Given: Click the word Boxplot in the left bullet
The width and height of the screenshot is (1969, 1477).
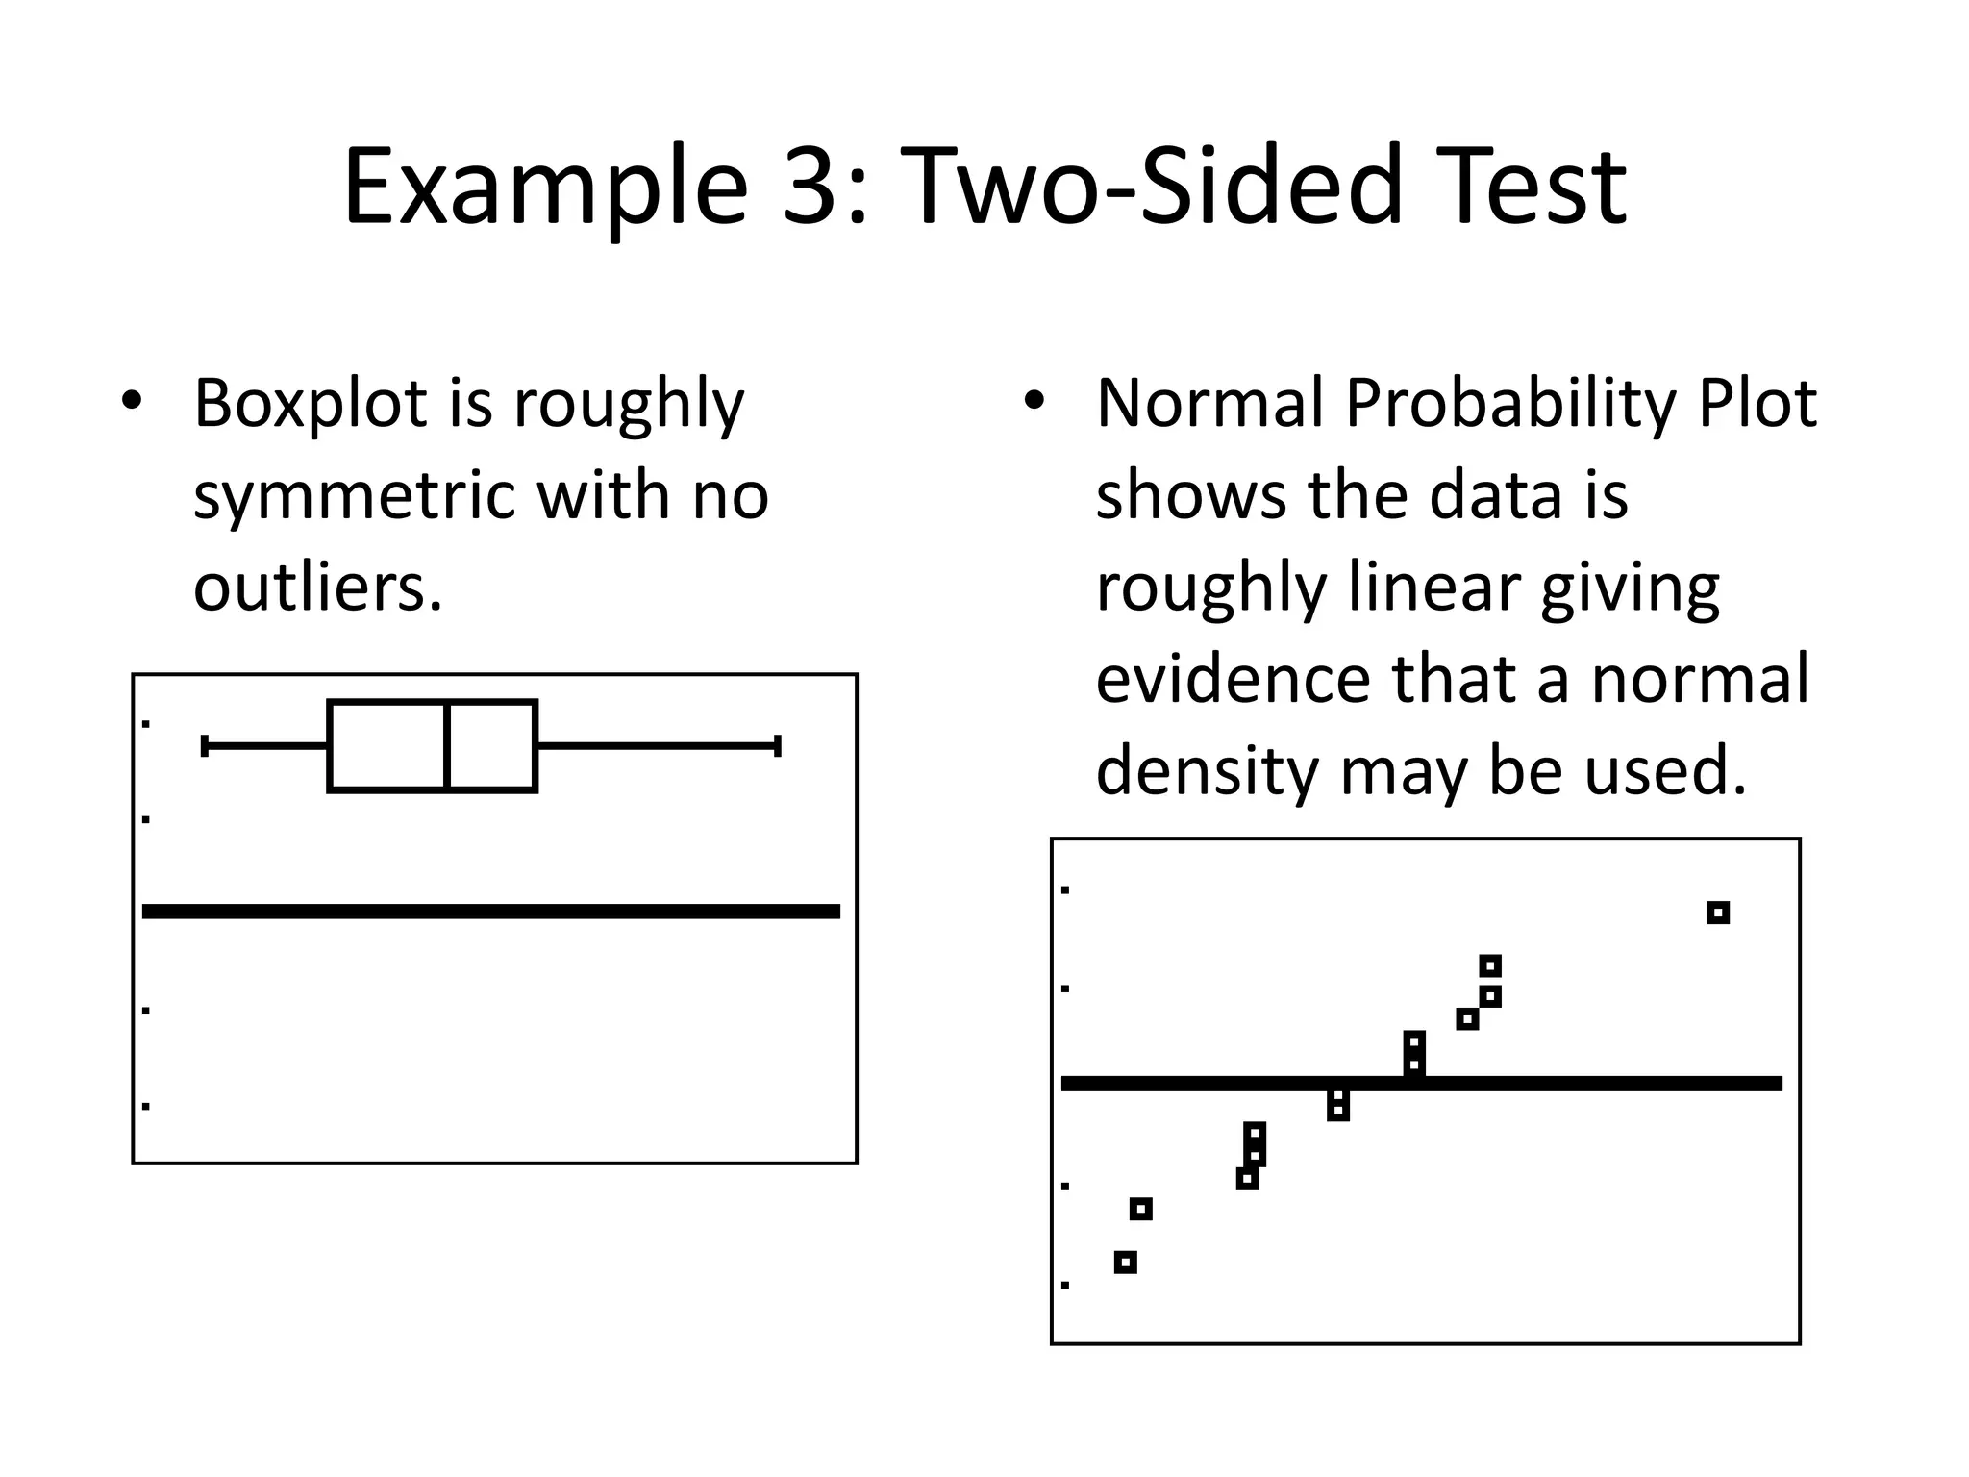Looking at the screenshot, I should pyautogui.click(x=311, y=403).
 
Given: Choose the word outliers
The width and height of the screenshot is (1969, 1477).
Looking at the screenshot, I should pyautogui.click(x=317, y=588).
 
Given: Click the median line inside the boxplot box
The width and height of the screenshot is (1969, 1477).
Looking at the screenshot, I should pyautogui.click(x=448, y=746).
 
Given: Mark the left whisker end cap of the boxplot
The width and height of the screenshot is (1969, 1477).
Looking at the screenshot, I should pyautogui.click(x=205, y=746).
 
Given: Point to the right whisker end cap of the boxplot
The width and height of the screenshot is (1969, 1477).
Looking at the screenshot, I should pyautogui.click(x=777, y=746).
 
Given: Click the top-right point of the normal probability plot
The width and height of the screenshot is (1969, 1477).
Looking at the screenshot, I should pyautogui.click(x=1718, y=913).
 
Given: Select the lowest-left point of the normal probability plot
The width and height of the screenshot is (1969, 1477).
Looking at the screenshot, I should pyautogui.click(x=1126, y=1263).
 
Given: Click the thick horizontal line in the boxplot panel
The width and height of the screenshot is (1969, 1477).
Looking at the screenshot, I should pyautogui.click(x=490, y=912).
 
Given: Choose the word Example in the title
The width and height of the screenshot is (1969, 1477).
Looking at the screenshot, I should pyautogui.click(x=544, y=187).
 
